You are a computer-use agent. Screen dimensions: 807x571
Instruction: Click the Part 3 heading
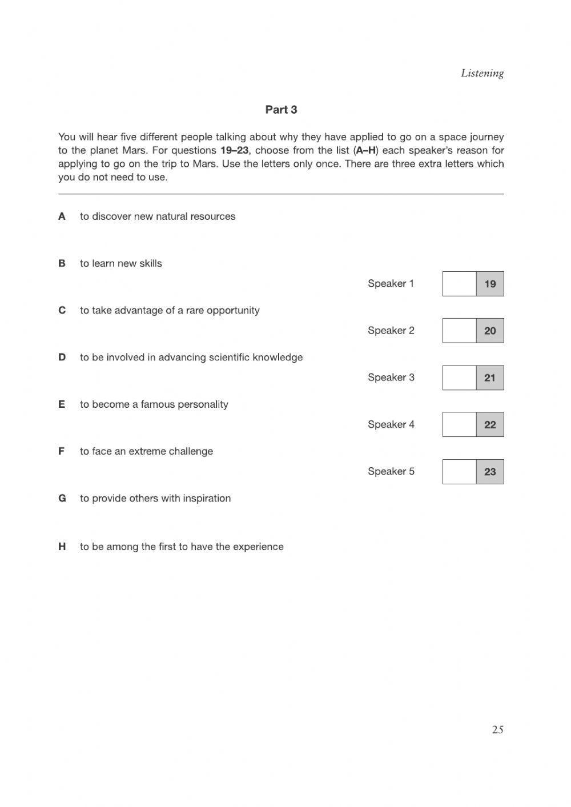281,110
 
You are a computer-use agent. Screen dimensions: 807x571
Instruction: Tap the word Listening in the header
482,73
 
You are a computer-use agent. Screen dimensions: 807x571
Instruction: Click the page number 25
497,729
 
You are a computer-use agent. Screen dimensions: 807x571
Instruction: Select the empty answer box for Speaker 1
459,284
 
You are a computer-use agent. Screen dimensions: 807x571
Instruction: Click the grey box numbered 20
490,331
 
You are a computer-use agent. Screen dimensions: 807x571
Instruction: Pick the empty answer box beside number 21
459,378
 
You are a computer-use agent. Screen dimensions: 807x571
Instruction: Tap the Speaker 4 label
391,424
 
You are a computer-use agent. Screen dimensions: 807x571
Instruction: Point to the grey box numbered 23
490,472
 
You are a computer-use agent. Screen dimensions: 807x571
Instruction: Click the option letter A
62,216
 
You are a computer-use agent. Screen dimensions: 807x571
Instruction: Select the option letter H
62,547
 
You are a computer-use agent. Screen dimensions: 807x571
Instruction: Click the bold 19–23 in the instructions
234,151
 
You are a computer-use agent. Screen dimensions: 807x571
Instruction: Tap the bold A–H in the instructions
365,151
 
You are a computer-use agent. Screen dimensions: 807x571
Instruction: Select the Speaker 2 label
391,331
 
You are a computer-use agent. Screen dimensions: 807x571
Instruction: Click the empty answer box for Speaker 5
459,472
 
